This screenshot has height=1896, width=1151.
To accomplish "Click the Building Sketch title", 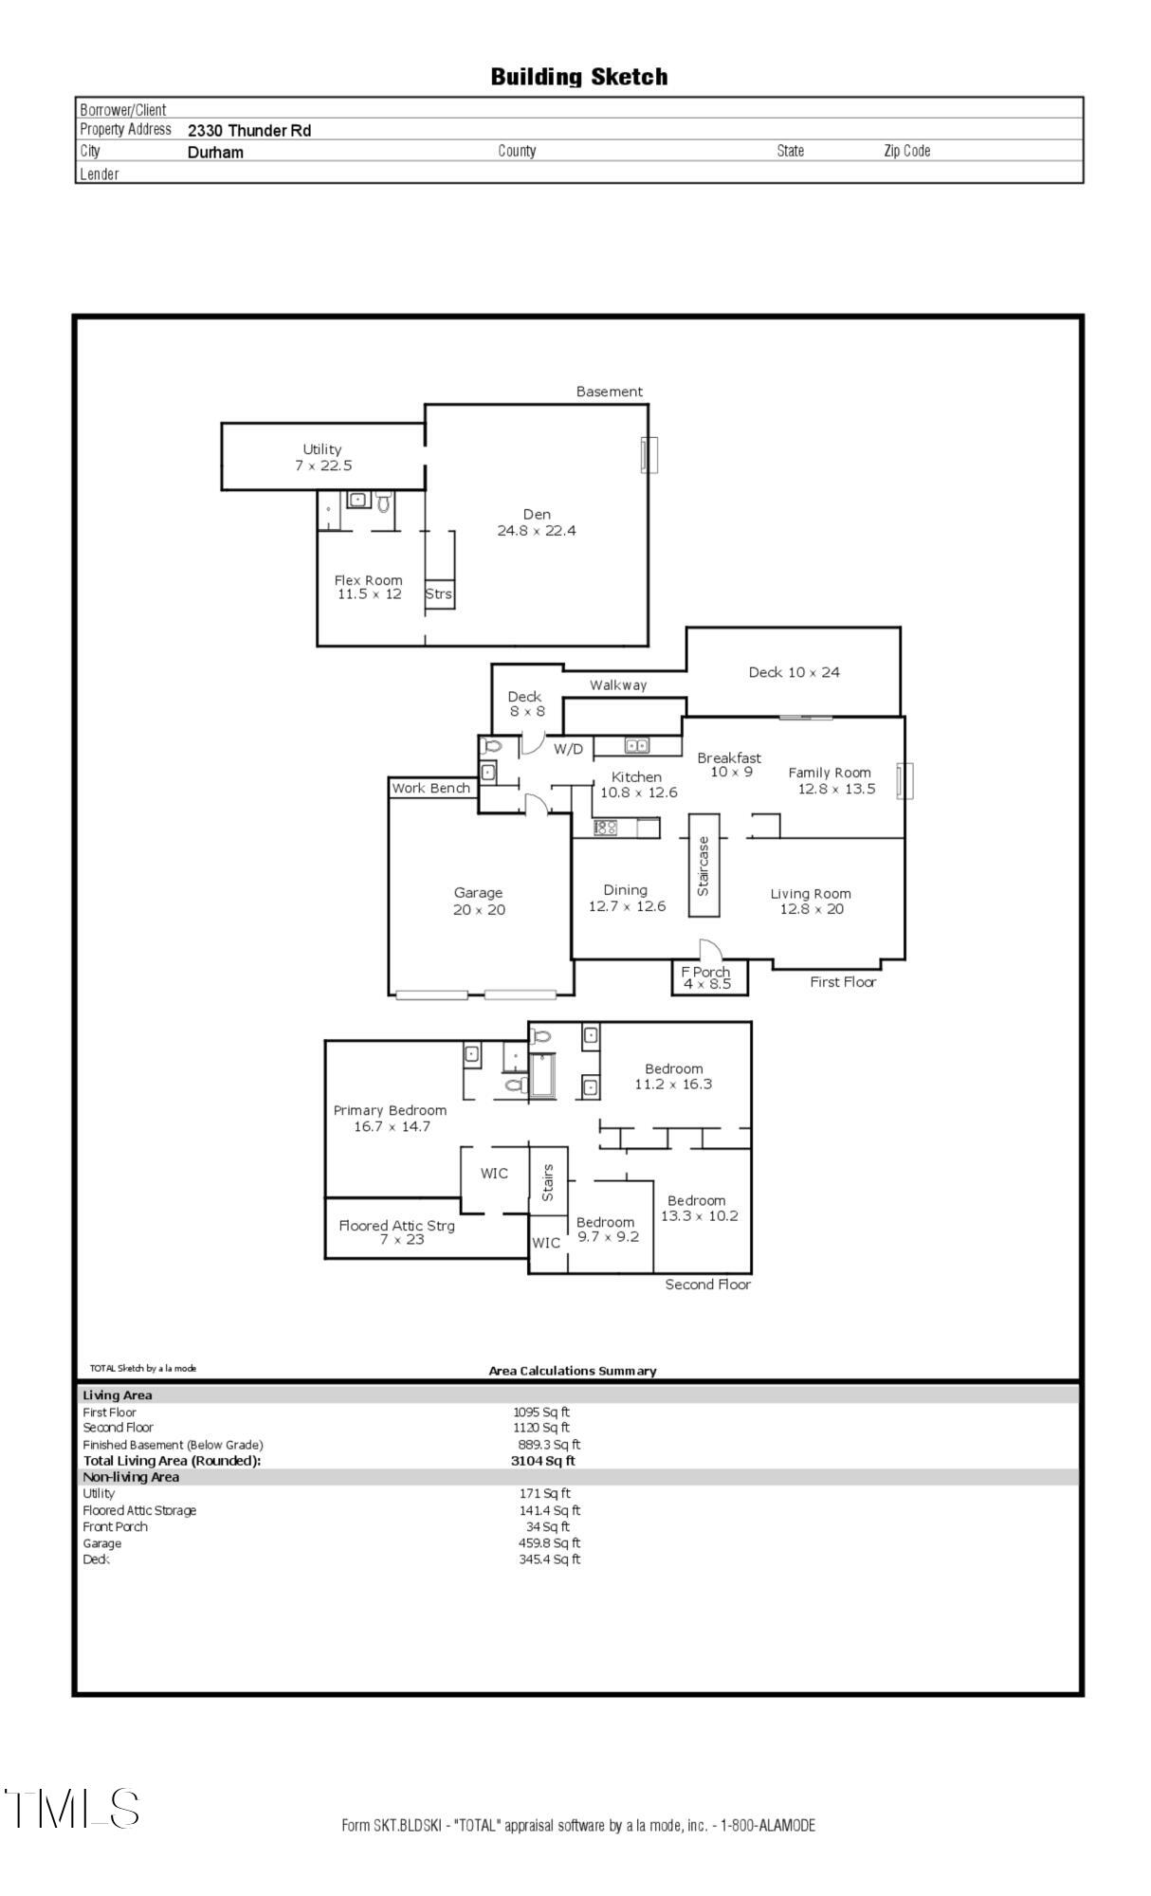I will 578,77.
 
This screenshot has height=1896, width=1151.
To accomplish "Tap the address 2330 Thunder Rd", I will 249,131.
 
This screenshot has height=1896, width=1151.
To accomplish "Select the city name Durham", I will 215,153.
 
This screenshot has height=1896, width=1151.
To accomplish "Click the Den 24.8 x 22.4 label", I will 537,522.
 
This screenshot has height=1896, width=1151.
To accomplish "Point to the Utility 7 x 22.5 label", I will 322,457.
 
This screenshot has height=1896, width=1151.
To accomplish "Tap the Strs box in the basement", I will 439,594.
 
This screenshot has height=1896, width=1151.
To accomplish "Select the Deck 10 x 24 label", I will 794,672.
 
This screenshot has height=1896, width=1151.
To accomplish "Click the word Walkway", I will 618,685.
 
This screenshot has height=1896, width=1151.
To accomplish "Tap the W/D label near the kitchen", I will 569,749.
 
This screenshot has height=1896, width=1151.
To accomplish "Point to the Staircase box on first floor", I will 703,865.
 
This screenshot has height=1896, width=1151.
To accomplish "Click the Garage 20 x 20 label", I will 479,901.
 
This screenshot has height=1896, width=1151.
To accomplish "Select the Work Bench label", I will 431,788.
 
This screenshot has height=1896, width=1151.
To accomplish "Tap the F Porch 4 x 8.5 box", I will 706,977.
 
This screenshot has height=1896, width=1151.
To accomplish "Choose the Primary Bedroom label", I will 391,1118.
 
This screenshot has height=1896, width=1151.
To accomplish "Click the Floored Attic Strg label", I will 397,1231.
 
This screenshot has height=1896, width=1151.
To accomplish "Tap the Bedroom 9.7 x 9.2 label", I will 608,1230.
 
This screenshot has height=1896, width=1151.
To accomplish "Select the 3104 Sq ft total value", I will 542,1461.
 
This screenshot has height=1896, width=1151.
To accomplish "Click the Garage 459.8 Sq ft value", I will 549,1543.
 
